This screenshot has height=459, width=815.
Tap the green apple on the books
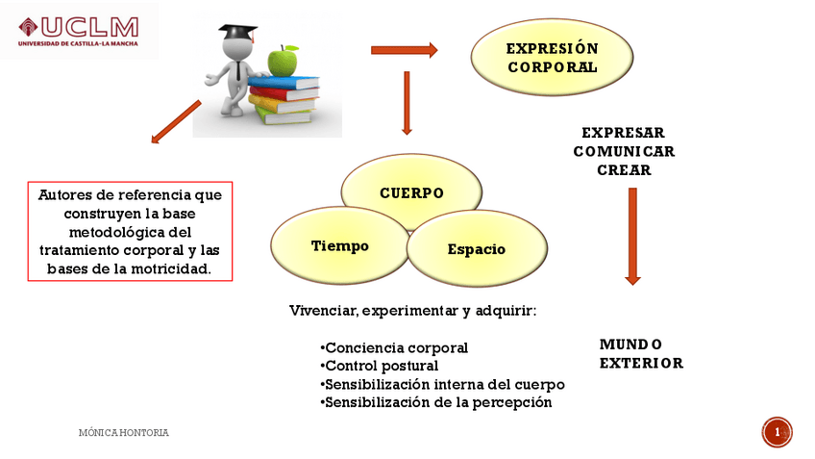(x=283, y=62)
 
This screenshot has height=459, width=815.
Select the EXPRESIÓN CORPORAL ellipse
(x=552, y=58)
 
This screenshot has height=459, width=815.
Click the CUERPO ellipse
(x=411, y=191)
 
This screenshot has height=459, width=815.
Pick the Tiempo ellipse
(x=339, y=245)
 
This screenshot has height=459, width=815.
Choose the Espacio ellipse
(x=476, y=249)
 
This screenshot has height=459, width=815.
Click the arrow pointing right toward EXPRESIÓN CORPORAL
(x=404, y=50)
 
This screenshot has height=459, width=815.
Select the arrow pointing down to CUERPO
(x=407, y=103)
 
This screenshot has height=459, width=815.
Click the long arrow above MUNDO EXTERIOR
(x=632, y=236)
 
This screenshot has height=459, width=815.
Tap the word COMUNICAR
(x=624, y=151)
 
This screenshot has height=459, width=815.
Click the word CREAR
(x=624, y=170)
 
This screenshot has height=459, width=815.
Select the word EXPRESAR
(x=623, y=133)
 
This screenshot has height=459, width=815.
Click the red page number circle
(x=777, y=432)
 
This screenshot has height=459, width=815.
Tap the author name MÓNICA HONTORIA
(x=123, y=433)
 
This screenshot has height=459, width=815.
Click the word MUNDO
(x=630, y=344)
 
